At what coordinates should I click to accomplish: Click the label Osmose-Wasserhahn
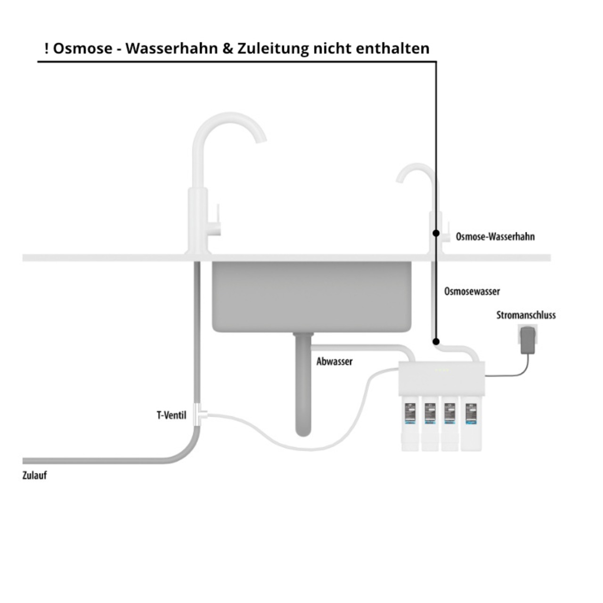[495, 236]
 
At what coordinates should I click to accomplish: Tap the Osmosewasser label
[472, 292]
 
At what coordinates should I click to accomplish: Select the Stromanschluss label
[526, 315]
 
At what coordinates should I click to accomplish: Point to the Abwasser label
[334, 362]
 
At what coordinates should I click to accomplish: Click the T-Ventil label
[171, 416]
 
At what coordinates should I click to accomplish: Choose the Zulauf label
[34, 475]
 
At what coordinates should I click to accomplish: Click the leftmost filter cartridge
[409, 424]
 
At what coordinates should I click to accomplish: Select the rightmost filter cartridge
[471, 424]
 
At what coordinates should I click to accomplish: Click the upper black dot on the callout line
[436, 233]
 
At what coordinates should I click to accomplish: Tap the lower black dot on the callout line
[436, 342]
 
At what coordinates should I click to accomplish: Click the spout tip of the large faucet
[261, 139]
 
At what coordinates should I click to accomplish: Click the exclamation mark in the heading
[46, 49]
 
